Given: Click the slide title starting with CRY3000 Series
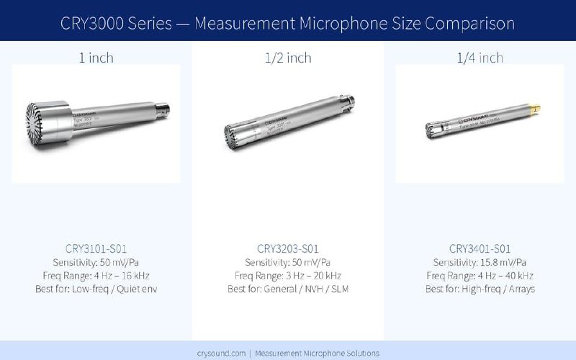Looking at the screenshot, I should [288, 23].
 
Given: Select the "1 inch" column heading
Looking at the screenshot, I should [96, 58].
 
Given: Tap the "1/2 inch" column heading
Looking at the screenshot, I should [287, 58].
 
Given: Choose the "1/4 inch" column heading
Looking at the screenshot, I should [480, 58].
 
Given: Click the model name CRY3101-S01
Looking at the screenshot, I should [96, 249].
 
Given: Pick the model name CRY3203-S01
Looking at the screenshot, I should [287, 249].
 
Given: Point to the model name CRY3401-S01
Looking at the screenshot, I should [480, 249].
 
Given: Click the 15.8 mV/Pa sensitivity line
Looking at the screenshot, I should [480, 262].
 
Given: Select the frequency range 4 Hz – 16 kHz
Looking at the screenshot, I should [96, 276].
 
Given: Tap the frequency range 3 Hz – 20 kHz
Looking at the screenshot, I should [287, 276].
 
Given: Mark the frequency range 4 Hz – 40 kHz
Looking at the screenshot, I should [480, 276].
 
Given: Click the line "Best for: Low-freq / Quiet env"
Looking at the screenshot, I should [96, 289].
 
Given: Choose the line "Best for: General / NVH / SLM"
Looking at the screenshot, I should [287, 289].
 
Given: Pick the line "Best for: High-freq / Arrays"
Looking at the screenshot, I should [480, 289].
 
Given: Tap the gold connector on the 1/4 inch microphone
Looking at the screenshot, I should [534, 109].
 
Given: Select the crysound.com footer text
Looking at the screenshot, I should [287, 353].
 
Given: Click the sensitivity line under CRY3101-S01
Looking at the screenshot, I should [96, 262].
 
